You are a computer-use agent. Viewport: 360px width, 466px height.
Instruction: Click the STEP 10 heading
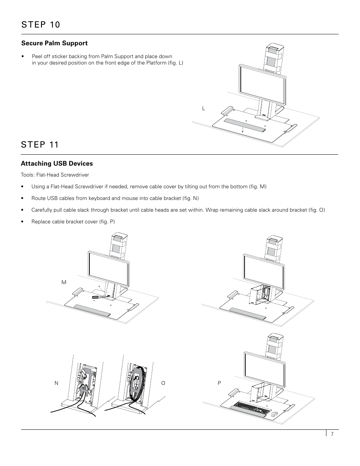point(40,25)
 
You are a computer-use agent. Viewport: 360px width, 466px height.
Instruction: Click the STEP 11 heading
point(40,145)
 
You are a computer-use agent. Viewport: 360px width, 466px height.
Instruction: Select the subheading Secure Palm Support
point(54,43)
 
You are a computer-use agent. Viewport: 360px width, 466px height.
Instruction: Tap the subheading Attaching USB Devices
point(57,164)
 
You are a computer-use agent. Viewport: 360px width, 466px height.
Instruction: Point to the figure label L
point(204,109)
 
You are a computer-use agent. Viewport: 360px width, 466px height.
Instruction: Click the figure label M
point(64,283)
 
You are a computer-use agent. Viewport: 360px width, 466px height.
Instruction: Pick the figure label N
point(57,383)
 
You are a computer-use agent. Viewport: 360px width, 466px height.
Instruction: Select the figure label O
point(163,383)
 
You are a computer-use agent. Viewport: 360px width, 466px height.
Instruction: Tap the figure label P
point(219,383)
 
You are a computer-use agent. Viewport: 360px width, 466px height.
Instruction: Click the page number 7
point(332,434)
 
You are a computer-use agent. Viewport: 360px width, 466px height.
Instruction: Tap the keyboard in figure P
point(252,406)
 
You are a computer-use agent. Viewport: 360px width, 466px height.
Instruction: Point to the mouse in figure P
point(274,414)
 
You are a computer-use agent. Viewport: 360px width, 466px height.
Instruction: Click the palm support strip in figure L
point(245,125)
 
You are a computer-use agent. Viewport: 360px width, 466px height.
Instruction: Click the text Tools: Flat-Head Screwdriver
point(55,175)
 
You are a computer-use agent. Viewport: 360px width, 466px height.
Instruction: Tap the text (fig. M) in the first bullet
point(258,187)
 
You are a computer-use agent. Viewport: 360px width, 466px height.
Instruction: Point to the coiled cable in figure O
point(137,381)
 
